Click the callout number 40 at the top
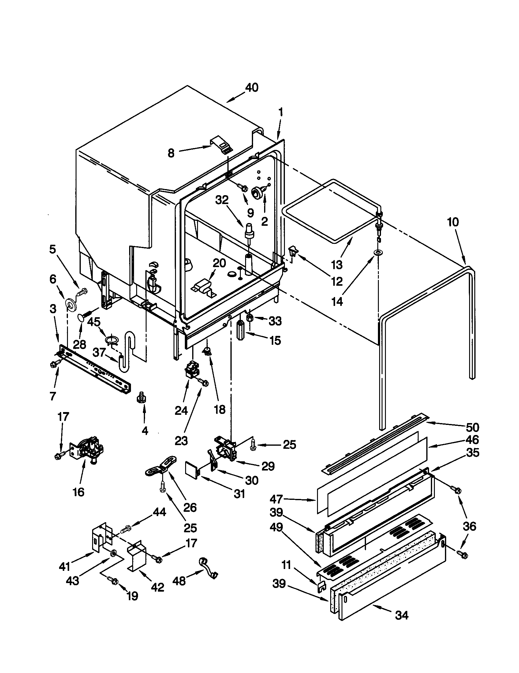point(252,87)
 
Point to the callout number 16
point(79,492)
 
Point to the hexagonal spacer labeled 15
point(241,330)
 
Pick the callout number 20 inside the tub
point(219,263)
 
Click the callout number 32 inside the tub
point(222,200)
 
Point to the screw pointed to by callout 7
point(53,365)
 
